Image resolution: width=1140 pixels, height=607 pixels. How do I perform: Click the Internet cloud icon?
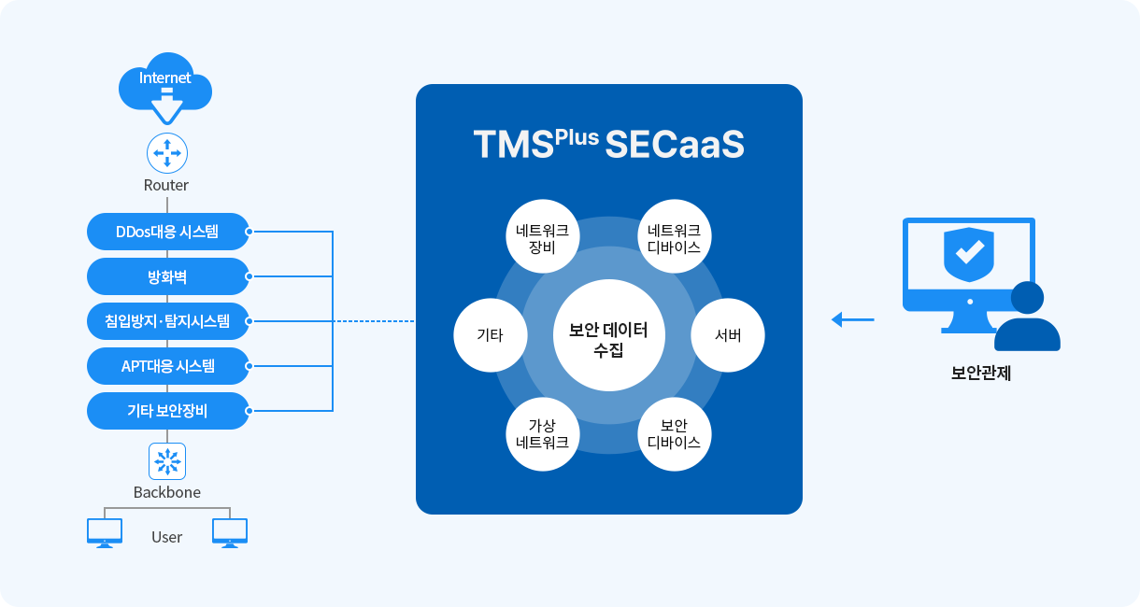(165, 86)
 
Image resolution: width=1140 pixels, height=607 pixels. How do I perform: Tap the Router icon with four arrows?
(167, 152)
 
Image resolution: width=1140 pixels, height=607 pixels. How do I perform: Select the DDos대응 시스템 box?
(167, 232)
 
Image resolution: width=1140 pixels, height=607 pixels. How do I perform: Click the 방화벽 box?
(167, 276)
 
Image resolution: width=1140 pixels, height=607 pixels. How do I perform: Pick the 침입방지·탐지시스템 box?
(167, 321)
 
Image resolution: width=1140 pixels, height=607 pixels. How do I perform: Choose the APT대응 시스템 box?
(167, 366)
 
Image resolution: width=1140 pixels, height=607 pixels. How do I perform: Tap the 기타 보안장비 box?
(167, 411)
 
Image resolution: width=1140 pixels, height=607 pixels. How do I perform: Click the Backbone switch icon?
(167, 461)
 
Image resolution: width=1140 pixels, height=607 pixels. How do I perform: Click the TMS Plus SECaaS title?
(608, 145)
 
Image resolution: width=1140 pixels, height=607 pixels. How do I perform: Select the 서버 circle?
(728, 335)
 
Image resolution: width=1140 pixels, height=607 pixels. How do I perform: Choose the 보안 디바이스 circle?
(674, 434)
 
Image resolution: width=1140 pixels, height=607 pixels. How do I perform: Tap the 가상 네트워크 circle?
(543, 434)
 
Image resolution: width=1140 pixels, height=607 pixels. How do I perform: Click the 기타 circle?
(490, 335)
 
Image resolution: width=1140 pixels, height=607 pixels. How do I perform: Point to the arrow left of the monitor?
(852, 320)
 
